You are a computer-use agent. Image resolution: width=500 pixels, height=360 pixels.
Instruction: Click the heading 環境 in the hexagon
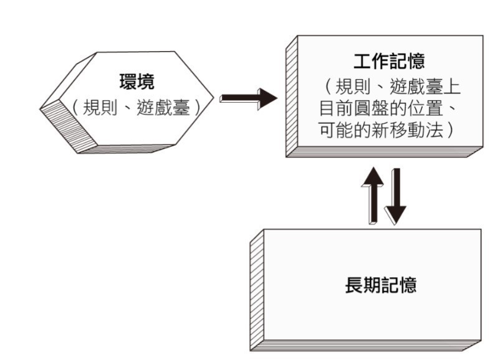pos(137,82)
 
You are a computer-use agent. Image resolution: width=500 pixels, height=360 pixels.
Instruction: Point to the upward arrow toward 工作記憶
pos(372,194)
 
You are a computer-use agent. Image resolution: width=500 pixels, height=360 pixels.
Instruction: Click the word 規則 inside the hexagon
pos(98,107)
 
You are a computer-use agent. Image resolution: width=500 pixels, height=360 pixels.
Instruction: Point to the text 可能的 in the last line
pos(347,132)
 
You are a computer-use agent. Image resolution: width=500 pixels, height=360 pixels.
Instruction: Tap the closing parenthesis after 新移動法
pos(451,132)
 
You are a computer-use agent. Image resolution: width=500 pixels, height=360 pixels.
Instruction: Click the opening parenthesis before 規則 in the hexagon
pos(75,107)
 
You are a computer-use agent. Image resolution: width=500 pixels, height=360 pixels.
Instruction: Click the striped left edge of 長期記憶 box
pos(256,293)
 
